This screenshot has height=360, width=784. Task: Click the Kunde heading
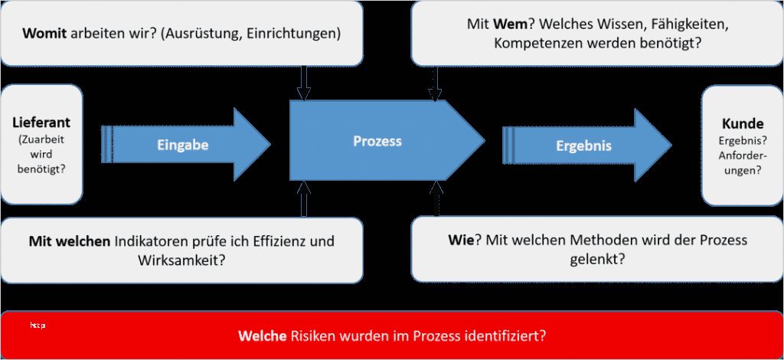(742, 123)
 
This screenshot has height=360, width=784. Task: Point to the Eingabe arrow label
(182, 144)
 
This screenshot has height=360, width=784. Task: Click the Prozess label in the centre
(377, 141)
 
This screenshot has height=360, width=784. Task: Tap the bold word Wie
(461, 241)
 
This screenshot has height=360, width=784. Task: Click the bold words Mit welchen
(70, 241)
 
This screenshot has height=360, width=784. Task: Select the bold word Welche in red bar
(261, 335)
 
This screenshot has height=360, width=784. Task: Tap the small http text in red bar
(38, 326)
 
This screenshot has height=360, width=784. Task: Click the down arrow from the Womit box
(304, 84)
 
